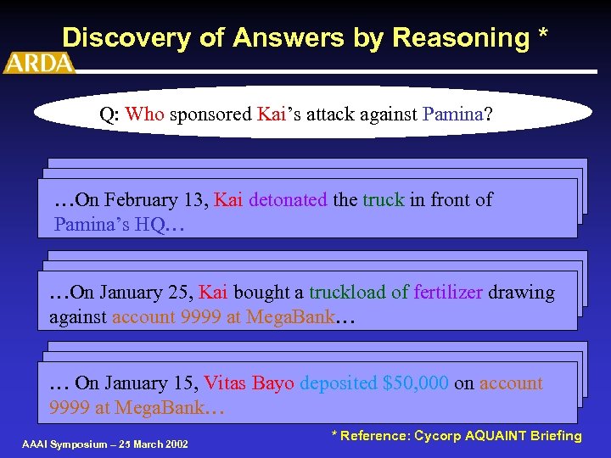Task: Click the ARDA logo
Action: click(39, 63)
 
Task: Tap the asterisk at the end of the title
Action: click(541, 36)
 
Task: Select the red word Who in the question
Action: click(144, 114)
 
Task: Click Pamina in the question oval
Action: click(451, 114)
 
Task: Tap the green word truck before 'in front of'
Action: click(384, 200)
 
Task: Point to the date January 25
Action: click(148, 293)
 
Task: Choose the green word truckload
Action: click(348, 293)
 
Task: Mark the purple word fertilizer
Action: click(448, 293)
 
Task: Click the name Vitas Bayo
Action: click(249, 383)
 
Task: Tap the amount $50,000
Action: click(416, 383)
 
